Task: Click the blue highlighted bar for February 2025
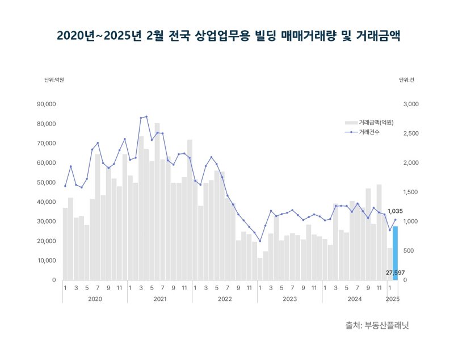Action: (x=395, y=253)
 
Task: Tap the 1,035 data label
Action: (x=395, y=211)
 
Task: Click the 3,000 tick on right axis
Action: (x=410, y=104)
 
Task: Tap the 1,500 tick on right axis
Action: (x=410, y=192)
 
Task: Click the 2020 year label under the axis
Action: (x=95, y=299)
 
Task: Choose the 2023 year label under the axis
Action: (x=290, y=299)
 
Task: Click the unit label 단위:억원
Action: (x=54, y=80)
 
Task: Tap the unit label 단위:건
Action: (x=406, y=80)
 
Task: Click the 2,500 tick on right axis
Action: (x=410, y=134)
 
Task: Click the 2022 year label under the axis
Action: (x=225, y=299)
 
